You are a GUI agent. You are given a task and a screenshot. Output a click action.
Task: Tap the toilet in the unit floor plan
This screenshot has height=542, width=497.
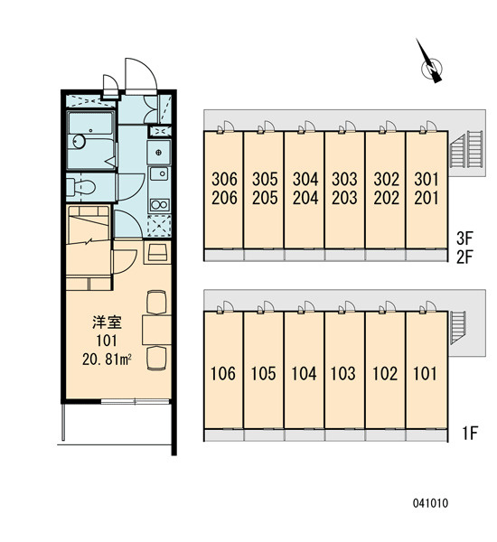coord(80,187)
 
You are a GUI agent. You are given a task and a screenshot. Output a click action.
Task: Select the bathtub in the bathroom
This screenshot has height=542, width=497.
coord(90,124)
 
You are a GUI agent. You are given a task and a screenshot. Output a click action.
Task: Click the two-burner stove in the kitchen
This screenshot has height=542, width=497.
coord(159,205)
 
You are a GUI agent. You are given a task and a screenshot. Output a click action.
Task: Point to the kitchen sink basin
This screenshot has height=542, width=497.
coord(159,173)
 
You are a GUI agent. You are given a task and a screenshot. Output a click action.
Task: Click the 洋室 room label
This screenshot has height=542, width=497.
coord(107,322)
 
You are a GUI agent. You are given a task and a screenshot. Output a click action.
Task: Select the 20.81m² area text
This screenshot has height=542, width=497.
coord(107,360)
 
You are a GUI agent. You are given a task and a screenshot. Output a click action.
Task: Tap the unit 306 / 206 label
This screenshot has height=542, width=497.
coord(224,189)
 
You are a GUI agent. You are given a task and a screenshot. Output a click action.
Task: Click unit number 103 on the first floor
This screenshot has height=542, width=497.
coord(343,374)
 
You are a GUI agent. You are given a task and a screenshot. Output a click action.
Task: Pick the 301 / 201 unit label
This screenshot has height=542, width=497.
coord(427,189)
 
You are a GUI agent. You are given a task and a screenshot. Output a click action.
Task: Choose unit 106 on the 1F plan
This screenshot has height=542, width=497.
coord(223,374)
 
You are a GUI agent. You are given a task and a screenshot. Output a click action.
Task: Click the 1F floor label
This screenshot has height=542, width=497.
coord(470,433)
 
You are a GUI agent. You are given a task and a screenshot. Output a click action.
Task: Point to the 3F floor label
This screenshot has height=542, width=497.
coord(464,238)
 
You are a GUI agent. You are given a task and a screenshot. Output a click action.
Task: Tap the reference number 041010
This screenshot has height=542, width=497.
coord(430,503)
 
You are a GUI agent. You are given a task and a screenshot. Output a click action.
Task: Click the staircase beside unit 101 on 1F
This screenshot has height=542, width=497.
coord(458,327)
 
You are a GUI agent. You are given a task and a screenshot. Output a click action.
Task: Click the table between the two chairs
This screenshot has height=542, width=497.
coord(156,330)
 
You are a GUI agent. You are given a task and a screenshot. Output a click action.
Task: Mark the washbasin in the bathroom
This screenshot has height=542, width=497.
coord(80,142)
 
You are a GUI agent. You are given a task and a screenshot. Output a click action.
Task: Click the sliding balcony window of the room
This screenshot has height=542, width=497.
coord(136,401)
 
